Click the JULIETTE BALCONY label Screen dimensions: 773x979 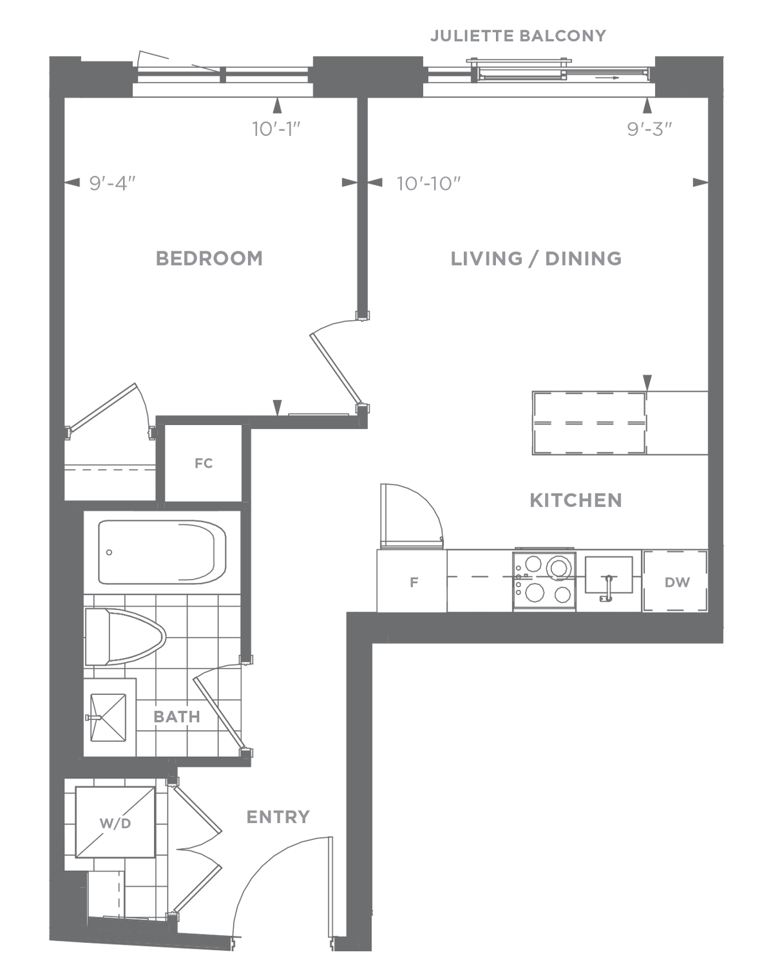(518, 36)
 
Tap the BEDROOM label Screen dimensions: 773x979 (209, 258)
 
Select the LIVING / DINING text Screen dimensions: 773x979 (536, 258)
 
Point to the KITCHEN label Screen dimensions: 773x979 (575, 500)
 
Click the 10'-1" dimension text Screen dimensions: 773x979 (276, 129)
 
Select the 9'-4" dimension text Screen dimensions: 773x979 (112, 184)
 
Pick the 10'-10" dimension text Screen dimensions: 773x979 (428, 184)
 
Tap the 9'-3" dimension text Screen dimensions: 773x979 (649, 129)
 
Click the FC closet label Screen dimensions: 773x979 (204, 463)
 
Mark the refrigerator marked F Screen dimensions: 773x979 (412, 582)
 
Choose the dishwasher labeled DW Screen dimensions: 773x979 (674, 582)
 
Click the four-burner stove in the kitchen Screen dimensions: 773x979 (544, 581)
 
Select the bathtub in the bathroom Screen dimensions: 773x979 (162, 552)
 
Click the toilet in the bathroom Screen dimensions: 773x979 (125, 637)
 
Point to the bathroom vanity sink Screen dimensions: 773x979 (108, 718)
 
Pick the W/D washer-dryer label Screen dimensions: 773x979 (115, 823)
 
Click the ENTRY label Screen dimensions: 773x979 (278, 817)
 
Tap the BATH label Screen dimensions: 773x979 (177, 717)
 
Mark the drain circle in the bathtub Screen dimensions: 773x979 (110, 552)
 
